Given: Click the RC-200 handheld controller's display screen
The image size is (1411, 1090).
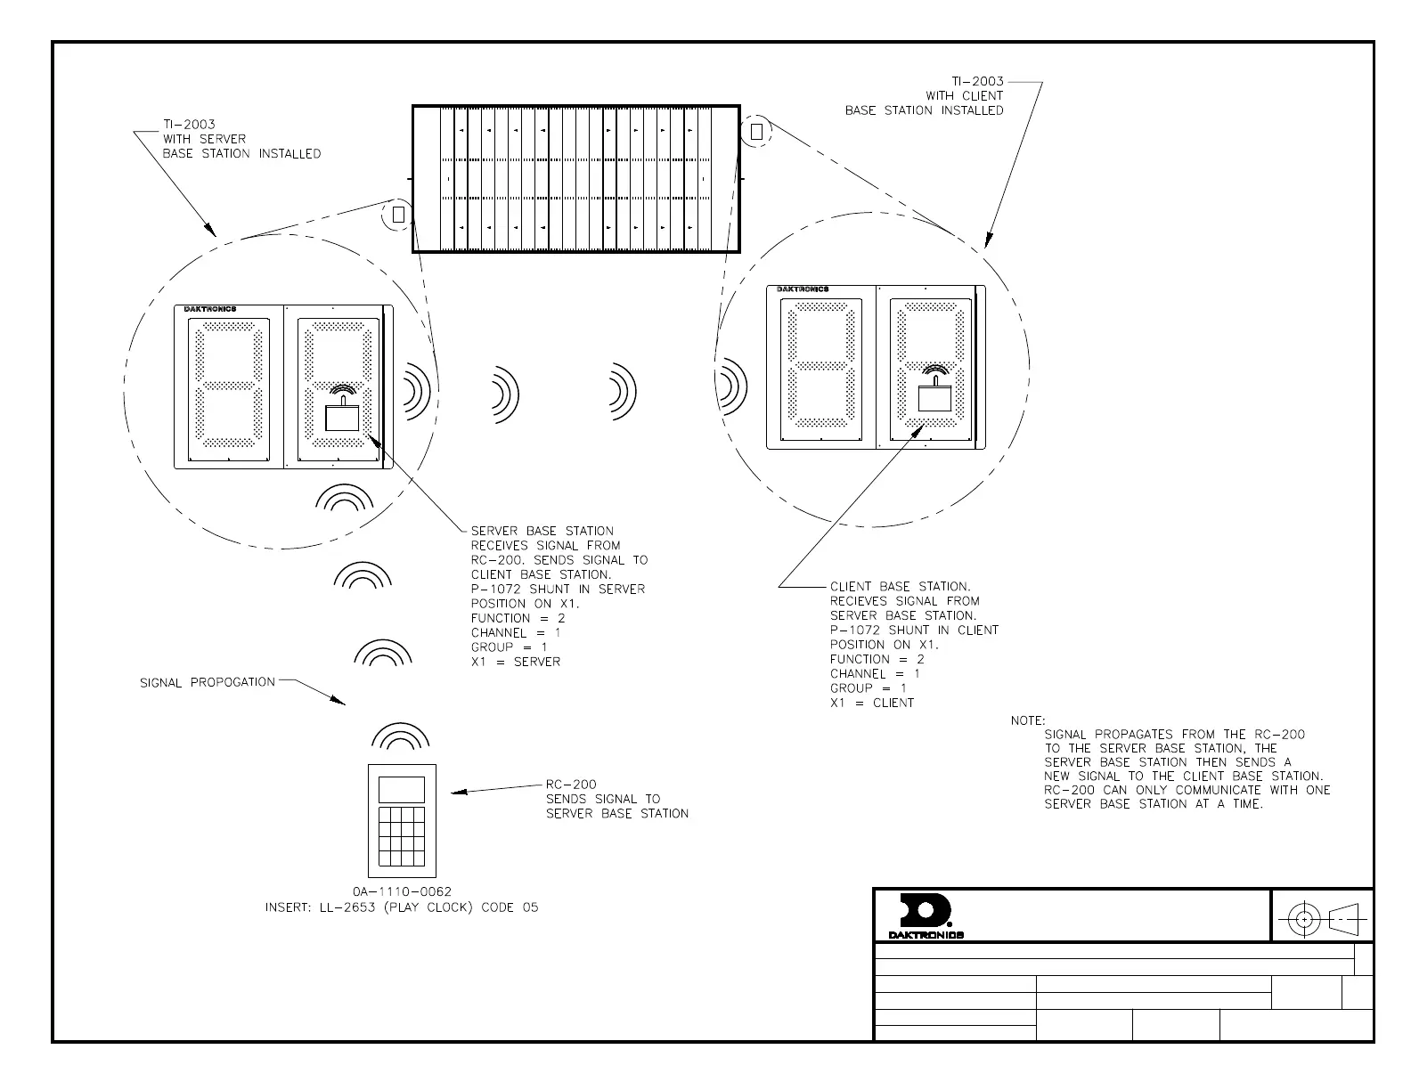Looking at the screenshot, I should (x=401, y=789).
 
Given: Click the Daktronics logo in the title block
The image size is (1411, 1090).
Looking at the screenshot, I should (x=926, y=915).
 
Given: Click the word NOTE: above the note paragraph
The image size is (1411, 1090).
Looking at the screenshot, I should (x=1028, y=720).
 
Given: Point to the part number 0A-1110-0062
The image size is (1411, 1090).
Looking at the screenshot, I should (x=402, y=891).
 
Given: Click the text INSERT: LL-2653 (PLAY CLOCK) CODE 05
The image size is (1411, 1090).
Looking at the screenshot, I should (x=402, y=907).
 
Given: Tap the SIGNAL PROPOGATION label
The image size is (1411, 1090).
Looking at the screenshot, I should (x=208, y=682).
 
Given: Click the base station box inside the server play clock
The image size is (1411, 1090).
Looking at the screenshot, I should (x=342, y=416).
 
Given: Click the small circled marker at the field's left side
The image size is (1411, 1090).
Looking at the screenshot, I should (x=398, y=215).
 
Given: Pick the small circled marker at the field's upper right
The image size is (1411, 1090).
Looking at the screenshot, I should (x=756, y=132).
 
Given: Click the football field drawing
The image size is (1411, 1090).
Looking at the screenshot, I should (x=576, y=179).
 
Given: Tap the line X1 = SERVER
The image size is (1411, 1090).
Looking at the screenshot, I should (x=516, y=662).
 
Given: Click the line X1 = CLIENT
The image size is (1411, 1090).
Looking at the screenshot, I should (x=872, y=703).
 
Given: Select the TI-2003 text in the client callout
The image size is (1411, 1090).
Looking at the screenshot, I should (x=977, y=81).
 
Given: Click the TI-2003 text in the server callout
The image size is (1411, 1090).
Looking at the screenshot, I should (x=189, y=125).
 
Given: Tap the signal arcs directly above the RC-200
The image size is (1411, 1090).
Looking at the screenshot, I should (x=400, y=736).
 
